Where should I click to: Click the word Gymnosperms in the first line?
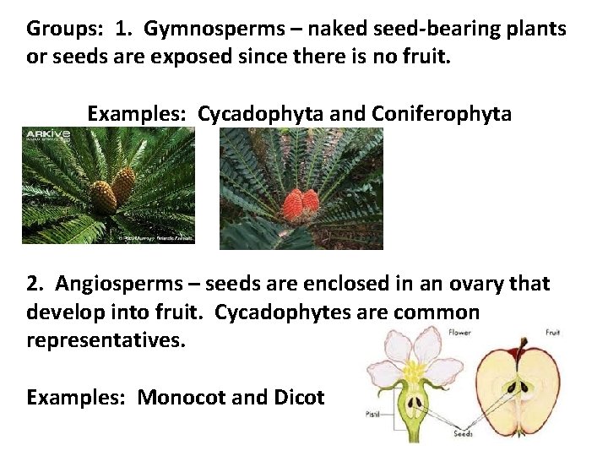coord(203,30)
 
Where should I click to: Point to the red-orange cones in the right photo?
coord(301,205)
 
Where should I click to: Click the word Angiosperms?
coord(114,284)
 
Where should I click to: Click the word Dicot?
coord(299,397)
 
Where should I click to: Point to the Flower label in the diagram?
coord(460,333)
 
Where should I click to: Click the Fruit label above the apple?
coord(552,333)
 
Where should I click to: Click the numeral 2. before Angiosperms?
coord(35,284)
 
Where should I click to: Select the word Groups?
coord(60,30)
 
